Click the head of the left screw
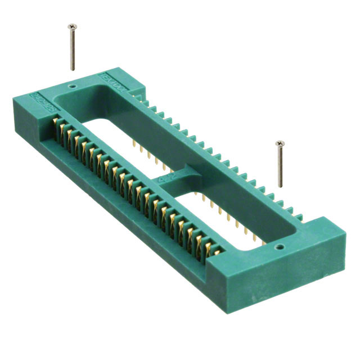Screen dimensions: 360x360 71,26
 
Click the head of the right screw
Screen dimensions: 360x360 279,144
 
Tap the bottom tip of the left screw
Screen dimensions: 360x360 73,69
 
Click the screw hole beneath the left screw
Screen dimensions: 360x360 71,87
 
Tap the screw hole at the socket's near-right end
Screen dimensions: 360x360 277,246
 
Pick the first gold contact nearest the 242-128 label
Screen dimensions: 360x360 56,127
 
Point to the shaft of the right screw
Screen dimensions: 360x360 280,166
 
